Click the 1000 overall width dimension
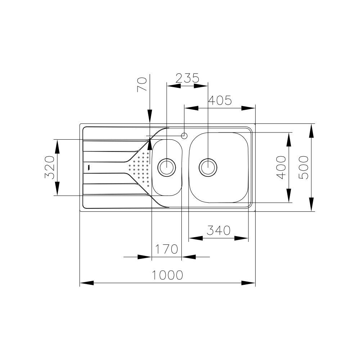tap(168, 275)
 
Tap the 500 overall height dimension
tap(303, 167)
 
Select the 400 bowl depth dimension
tap(281, 167)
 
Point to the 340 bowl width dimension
tap(219, 230)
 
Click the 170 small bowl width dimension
tap(166, 249)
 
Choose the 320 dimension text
tap(50, 167)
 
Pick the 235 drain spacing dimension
tap(187, 78)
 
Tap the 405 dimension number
tap(220, 100)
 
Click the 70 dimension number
tap(142, 85)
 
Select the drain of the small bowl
tap(167, 167)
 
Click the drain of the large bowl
tap(208, 167)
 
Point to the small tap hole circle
tap(184, 136)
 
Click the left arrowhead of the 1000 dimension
tap(87, 283)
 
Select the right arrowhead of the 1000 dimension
tap(248, 283)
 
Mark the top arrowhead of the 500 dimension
tap(311, 131)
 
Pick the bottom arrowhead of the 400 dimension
tap(289, 195)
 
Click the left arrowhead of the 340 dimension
tap(195, 238)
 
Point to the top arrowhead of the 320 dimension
tap(57, 147)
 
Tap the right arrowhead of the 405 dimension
tap(248, 108)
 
